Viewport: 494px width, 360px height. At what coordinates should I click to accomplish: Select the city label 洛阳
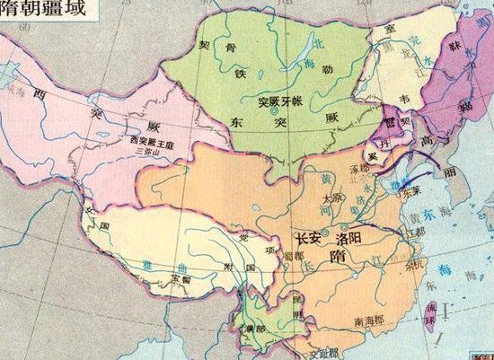click(348, 240)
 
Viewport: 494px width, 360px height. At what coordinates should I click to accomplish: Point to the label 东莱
click(410, 190)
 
